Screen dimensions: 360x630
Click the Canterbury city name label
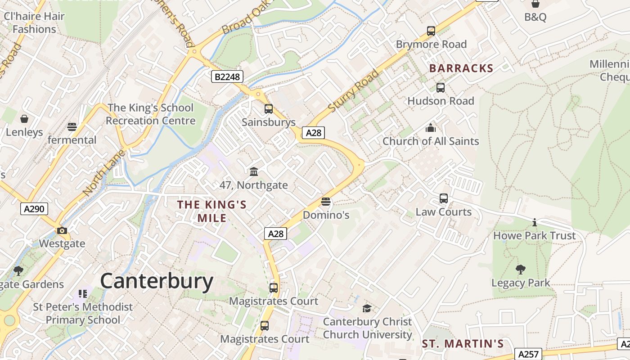tap(157, 281)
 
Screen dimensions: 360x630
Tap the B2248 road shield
tap(227, 76)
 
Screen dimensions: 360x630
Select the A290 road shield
tap(34, 208)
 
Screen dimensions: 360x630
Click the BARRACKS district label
tap(461, 68)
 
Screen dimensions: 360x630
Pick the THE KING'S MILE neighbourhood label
tap(211, 211)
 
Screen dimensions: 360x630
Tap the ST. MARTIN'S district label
tap(463, 344)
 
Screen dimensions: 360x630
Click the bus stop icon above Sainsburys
tap(269, 109)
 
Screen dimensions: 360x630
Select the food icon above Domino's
tap(326, 202)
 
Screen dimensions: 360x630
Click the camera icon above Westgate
tap(62, 231)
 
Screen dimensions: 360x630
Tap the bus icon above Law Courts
tap(444, 198)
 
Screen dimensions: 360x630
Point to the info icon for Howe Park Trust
tap(535, 222)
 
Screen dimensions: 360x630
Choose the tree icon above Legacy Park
tap(521, 270)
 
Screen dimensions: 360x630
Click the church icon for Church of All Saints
tap(431, 128)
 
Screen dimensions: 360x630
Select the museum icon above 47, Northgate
tap(254, 171)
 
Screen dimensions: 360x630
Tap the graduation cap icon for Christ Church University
tap(367, 308)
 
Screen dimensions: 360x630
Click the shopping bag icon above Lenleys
tap(24, 119)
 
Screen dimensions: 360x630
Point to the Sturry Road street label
tap(354, 91)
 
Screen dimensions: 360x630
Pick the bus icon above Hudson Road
tap(441, 88)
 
